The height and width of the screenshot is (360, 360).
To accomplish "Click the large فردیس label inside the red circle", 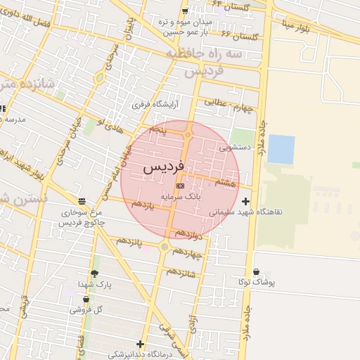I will [163, 169].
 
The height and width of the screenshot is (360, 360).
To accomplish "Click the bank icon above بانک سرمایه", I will [181, 186].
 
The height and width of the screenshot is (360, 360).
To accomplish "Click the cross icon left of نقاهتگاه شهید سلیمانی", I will [245, 202].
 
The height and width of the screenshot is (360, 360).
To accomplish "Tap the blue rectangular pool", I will [281, 149].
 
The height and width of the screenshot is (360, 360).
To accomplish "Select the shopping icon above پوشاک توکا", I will [255, 272].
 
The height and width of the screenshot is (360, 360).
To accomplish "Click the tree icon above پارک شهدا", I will [95, 274].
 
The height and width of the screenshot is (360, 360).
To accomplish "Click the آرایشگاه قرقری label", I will [157, 104].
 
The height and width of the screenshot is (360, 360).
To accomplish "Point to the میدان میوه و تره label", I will [187, 21].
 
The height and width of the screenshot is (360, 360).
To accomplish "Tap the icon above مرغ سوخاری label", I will [82, 200].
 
